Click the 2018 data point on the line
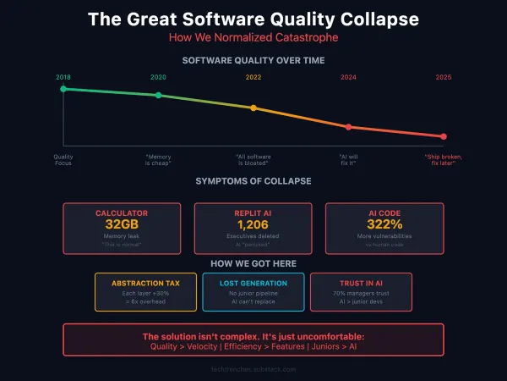point(63,88)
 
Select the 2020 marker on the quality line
point(158,95)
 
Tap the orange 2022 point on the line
point(253,108)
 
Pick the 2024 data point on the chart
point(348,127)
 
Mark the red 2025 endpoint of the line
point(444,136)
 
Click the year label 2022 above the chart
point(253,77)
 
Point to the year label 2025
point(444,77)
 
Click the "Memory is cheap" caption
point(158,160)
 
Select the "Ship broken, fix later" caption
point(444,160)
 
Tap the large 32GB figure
point(122,225)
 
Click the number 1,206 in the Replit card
point(253,225)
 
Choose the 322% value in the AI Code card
point(384,225)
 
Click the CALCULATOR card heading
point(122,213)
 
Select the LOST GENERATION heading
point(253,283)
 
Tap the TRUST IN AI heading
point(361,283)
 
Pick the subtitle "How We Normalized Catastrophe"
point(253,37)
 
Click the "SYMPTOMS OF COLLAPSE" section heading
point(253,181)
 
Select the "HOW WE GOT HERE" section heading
point(253,263)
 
